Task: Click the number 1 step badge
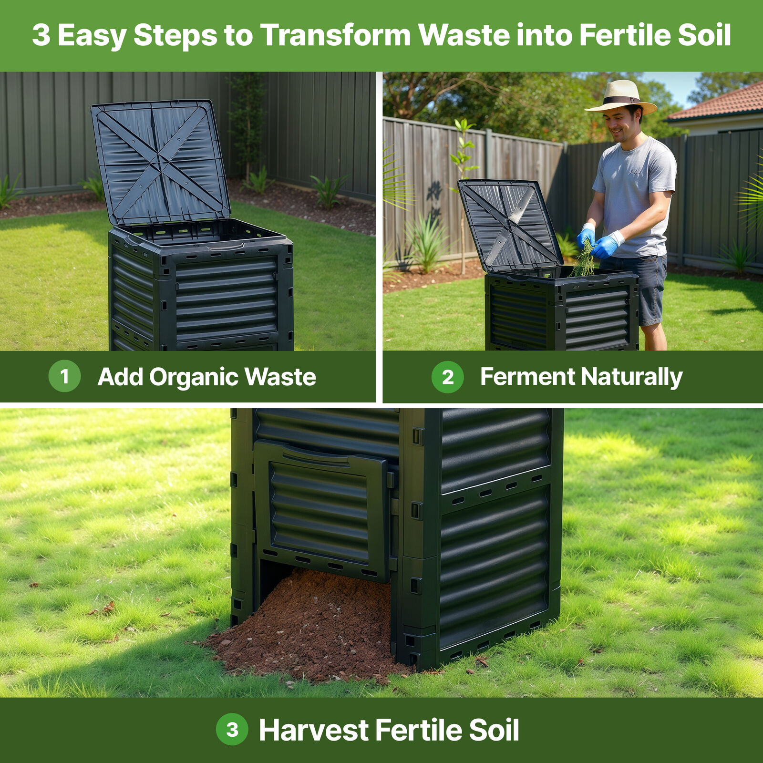coord(64,376)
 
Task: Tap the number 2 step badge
coord(447,377)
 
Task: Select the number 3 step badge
coord(232,729)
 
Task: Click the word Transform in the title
coord(335,35)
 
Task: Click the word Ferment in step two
coord(527,377)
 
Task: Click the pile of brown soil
coord(310,629)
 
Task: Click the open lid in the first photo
coord(160,162)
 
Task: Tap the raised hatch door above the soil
coord(322,510)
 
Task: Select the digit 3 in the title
coord(41,35)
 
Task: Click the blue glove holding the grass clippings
coord(586,236)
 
